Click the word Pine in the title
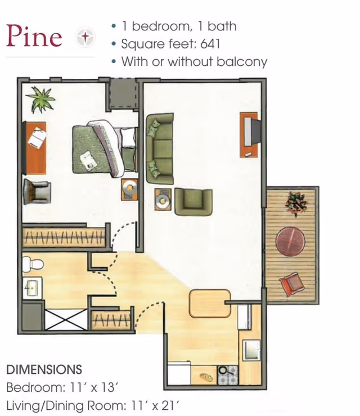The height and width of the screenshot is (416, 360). click(x=34, y=36)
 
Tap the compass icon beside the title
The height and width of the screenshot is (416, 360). click(x=85, y=37)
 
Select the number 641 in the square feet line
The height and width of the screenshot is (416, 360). click(x=210, y=44)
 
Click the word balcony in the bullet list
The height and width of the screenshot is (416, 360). click(x=242, y=62)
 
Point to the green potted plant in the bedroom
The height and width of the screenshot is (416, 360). click(x=41, y=100)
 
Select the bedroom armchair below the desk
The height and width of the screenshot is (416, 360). click(x=37, y=191)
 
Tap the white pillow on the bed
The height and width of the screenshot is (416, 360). click(x=128, y=137)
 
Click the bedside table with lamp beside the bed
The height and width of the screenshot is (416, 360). click(x=129, y=189)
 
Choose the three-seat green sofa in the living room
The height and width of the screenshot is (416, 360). click(x=160, y=149)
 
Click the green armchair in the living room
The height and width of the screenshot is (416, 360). click(x=193, y=202)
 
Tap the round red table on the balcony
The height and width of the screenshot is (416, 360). click(x=290, y=241)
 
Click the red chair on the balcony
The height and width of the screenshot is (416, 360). click(x=291, y=284)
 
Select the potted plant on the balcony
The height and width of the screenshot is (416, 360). click(x=296, y=203)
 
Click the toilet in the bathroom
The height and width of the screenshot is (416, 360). click(x=33, y=264)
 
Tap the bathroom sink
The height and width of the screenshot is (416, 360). click(x=32, y=288)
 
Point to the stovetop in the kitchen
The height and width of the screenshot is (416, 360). click(x=228, y=375)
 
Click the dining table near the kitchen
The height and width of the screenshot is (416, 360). click(x=210, y=303)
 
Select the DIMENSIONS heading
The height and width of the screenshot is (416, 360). click(x=44, y=370)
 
